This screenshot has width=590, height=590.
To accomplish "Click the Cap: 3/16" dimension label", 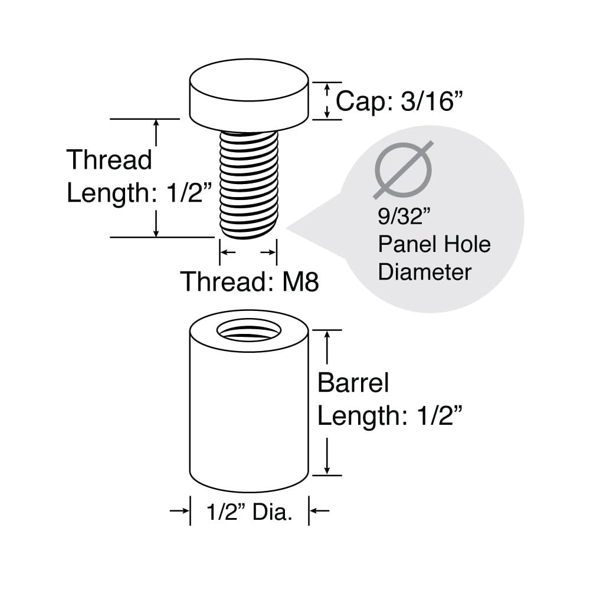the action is [399, 101].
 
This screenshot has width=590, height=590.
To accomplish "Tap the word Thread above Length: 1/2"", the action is [109, 159].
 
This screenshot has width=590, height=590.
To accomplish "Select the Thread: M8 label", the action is [250, 281].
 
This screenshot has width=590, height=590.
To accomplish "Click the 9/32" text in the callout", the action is [404, 217].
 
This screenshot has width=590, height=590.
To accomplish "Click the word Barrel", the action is [353, 383].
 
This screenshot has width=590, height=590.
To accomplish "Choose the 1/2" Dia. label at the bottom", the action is [249, 512].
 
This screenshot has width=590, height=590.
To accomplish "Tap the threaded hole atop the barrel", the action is [249, 331].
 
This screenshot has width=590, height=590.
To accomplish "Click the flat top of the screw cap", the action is [249, 80].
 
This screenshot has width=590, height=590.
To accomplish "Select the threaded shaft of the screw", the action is [249, 185].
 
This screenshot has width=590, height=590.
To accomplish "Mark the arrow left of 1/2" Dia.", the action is [179, 510].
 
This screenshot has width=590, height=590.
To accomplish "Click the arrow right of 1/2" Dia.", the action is [319, 510].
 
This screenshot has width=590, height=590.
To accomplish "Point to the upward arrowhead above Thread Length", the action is [156, 124].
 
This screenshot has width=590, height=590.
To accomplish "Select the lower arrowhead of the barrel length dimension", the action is [327, 469].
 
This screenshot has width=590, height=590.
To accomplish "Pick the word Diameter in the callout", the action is [424, 272].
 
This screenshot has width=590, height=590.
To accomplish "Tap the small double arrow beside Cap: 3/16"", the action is [327, 101].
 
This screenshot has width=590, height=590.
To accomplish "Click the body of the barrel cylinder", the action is [249, 414].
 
